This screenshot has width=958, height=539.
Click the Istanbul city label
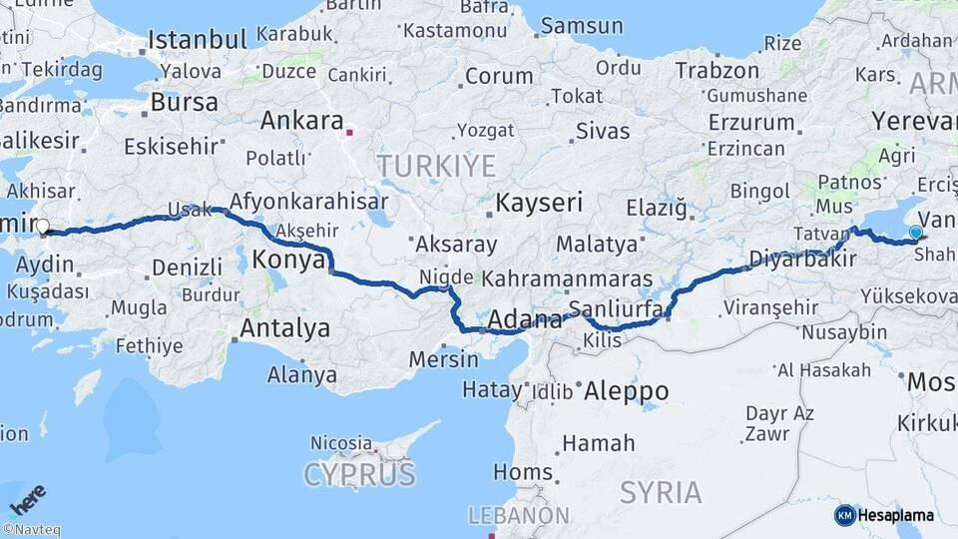pos(197,40)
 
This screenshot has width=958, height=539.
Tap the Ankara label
pos(301,121)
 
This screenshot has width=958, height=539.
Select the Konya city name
pos(288,260)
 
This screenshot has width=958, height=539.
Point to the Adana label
pos(523,321)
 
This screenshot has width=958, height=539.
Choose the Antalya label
pos(284,327)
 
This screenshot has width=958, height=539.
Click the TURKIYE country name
pos(435,165)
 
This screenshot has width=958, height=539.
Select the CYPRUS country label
pos(359,473)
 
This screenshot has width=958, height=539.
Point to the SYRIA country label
pos(661,491)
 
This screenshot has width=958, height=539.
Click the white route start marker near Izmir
pos(43,228)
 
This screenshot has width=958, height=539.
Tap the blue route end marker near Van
pos(915,233)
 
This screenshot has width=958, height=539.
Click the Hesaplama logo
pos(884,515)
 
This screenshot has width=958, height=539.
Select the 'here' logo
pos(27,497)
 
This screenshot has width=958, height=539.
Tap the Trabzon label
pos(717,70)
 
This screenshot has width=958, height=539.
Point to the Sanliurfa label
pos(616,309)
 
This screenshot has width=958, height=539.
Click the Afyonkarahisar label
pos(308,201)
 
